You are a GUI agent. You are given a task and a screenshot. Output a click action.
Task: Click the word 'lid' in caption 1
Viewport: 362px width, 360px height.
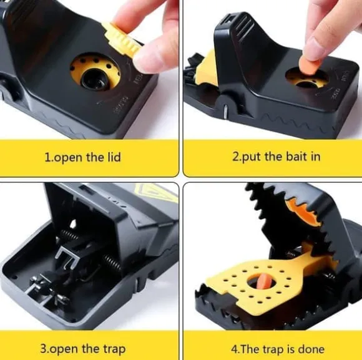[x=114, y=157]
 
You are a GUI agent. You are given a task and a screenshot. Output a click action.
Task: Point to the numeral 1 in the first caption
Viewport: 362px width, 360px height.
[x=47, y=157]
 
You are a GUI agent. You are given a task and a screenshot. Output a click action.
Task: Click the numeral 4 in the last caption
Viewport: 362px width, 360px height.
[x=234, y=349]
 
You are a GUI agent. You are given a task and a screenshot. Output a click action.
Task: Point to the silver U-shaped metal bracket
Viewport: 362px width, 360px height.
[x=67, y=256]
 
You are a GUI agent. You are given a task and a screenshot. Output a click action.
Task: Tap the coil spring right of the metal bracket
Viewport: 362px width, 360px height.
[x=112, y=263]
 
